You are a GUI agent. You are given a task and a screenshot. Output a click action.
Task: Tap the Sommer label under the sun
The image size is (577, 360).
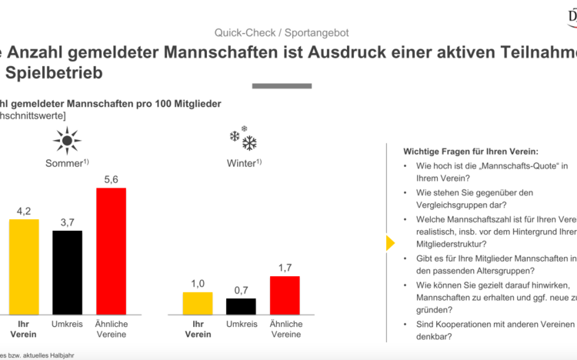coord(66,163)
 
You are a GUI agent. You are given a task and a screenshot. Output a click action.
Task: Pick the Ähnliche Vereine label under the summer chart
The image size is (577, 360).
coord(111,331)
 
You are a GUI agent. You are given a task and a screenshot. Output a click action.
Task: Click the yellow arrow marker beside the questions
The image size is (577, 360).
coord(389,243)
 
